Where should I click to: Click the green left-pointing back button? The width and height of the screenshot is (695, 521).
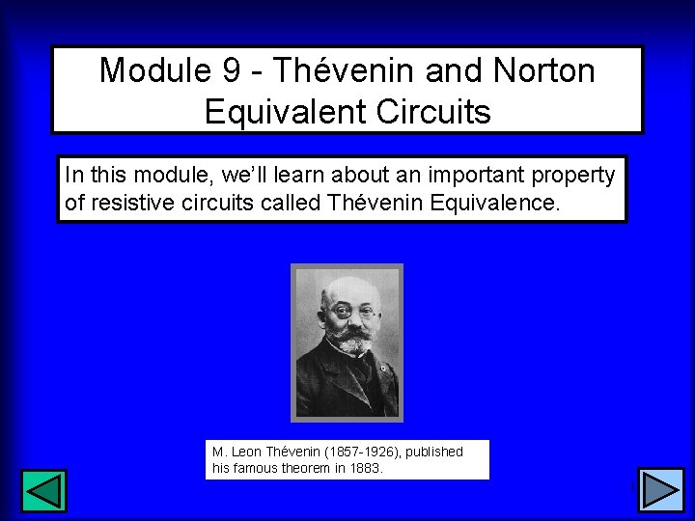pyautogui.click(x=43, y=489)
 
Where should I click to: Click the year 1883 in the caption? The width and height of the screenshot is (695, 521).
pyautogui.click(x=365, y=469)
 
